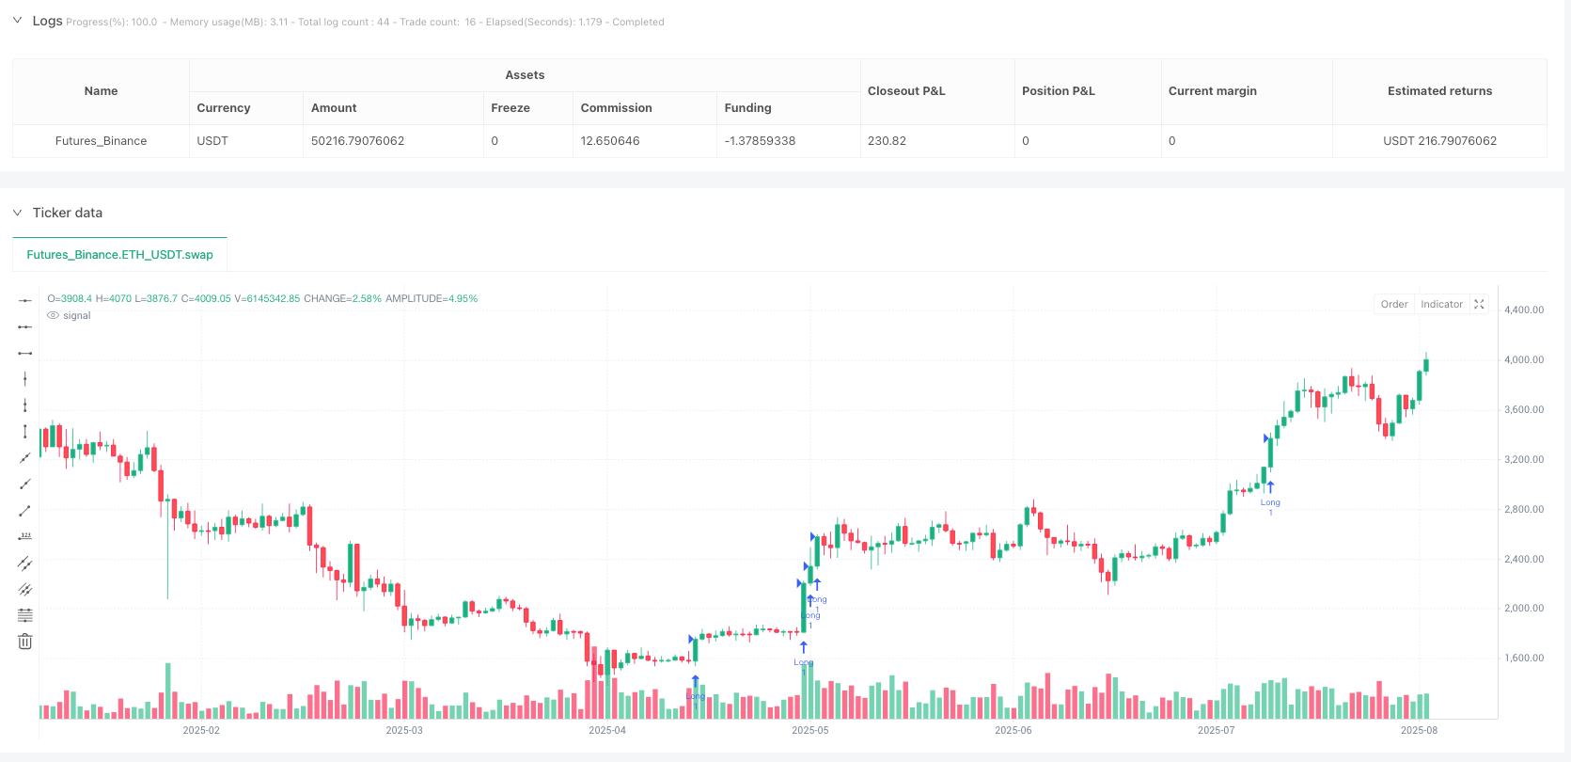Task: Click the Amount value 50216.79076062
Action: (x=357, y=141)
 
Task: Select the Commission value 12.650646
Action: (x=609, y=141)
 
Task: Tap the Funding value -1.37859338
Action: (x=760, y=141)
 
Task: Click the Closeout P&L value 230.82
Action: (x=887, y=141)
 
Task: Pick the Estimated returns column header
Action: (x=1439, y=91)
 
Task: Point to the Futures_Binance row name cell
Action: (x=101, y=141)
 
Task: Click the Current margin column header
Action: (x=1212, y=91)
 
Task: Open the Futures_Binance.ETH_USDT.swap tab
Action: (x=119, y=255)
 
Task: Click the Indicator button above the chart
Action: (x=1441, y=304)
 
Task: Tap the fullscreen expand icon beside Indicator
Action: (x=1479, y=304)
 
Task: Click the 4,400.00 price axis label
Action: (x=1524, y=310)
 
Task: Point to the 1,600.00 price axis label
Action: (x=1524, y=659)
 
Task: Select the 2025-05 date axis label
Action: (x=810, y=730)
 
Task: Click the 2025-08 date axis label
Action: (x=1419, y=730)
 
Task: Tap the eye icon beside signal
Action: (x=53, y=316)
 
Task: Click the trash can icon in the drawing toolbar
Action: (x=25, y=642)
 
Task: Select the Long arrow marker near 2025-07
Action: (x=1270, y=487)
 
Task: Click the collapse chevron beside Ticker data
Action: (x=17, y=213)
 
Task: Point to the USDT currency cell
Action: (x=212, y=141)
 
